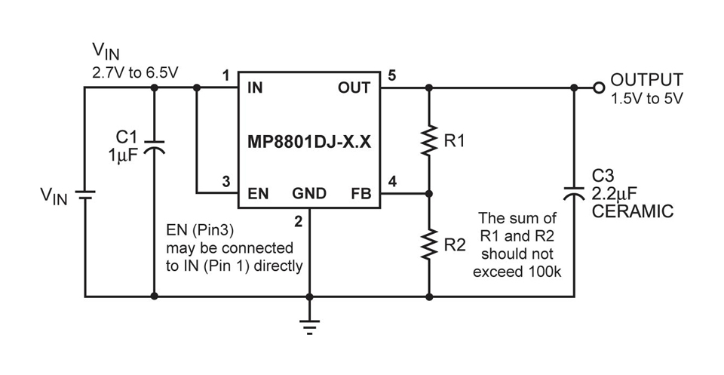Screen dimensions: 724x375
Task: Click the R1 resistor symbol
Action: [429, 141]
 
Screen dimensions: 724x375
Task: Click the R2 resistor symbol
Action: [429, 244]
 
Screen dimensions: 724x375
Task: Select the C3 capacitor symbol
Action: [574, 192]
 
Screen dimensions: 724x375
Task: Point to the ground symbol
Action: [310, 326]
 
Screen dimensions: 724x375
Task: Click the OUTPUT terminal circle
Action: [599, 88]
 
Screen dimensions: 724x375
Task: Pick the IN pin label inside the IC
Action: [255, 88]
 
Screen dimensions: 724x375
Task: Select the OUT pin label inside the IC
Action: [354, 88]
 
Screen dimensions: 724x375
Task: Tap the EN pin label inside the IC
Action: [258, 193]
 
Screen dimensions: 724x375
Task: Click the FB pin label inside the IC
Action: [361, 193]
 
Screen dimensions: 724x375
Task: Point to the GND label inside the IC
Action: [309, 193]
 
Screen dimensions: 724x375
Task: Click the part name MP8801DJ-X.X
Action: [309, 142]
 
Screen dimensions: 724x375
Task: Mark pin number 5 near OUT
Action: [392, 75]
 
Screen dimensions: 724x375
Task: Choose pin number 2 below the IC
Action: [299, 222]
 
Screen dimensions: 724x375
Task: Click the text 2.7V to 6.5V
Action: [135, 73]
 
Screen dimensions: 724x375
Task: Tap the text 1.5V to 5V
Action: [646, 99]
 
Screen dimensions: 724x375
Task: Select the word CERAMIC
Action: [633, 211]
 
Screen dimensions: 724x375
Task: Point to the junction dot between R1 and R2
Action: [429, 194]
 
